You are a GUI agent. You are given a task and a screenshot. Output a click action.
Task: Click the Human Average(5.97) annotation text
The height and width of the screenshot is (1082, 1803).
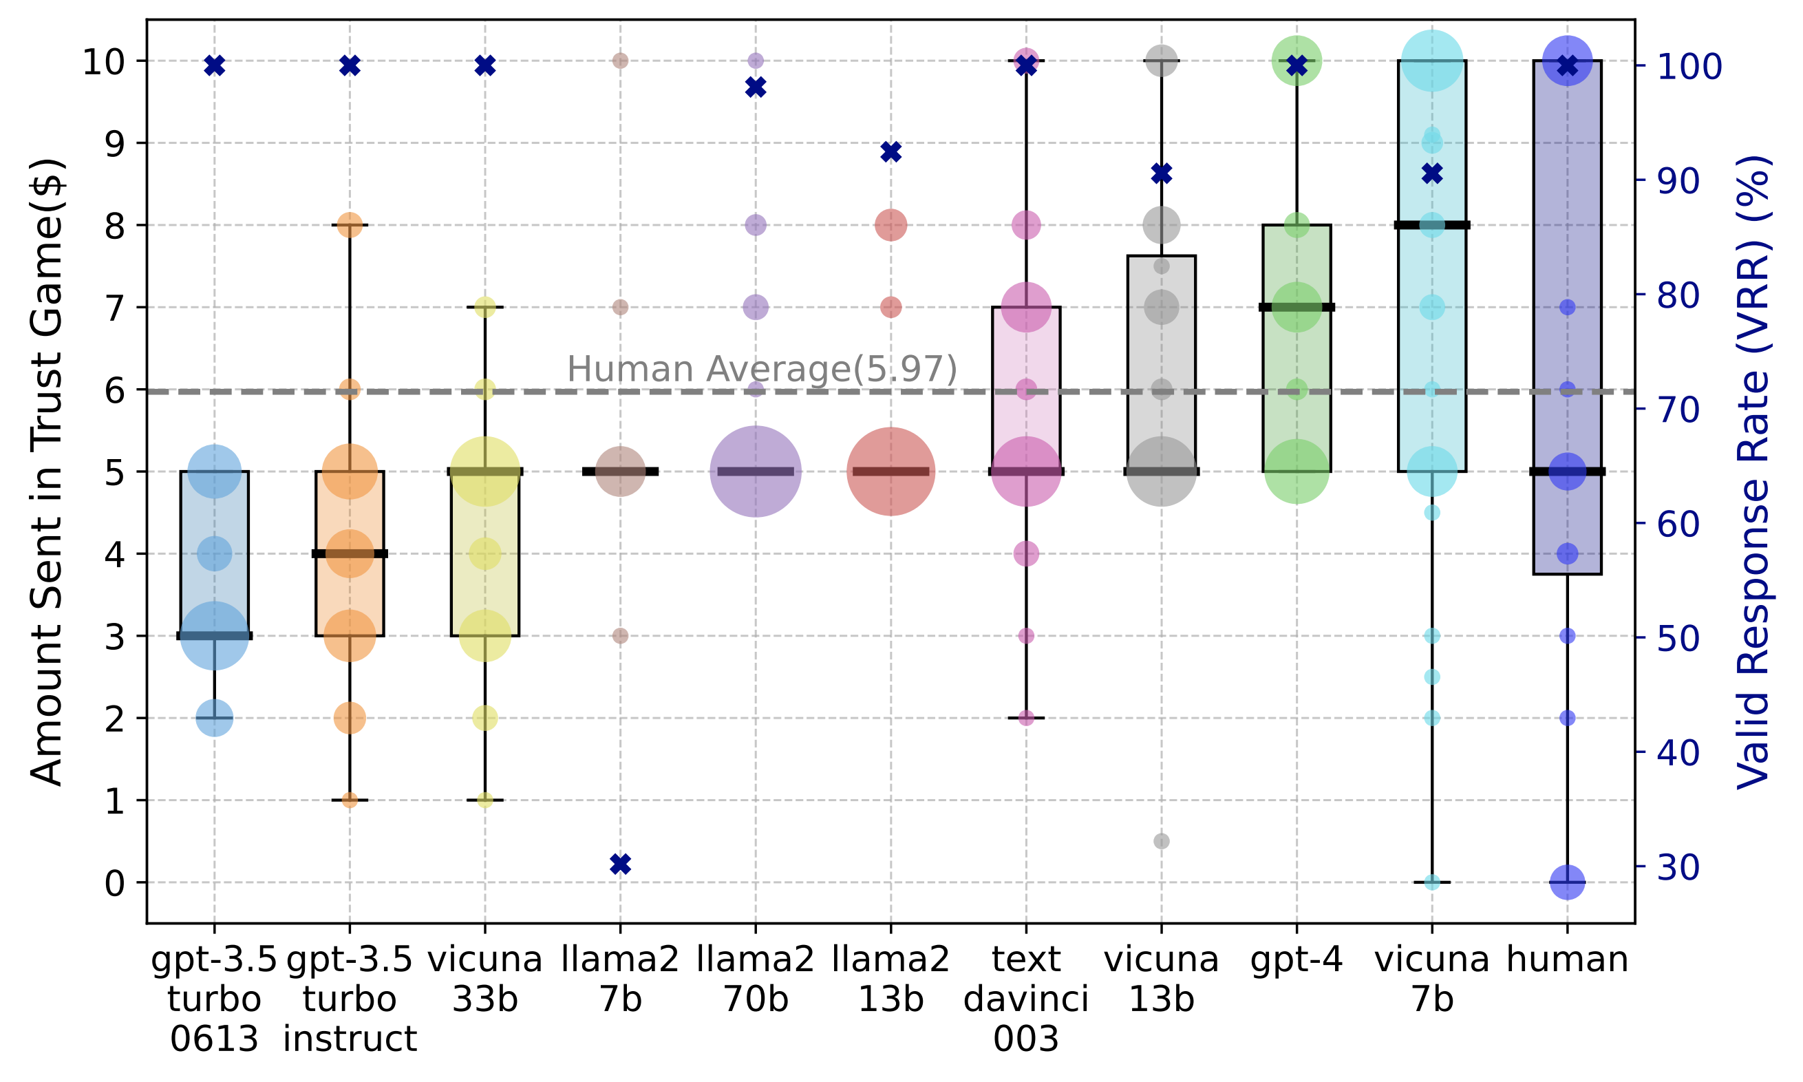tap(762, 369)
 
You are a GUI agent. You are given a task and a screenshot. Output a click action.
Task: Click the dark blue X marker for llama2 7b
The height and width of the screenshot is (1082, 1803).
tap(620, 864)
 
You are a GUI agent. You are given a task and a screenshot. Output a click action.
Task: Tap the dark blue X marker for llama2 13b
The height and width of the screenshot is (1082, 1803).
tap(890, 151)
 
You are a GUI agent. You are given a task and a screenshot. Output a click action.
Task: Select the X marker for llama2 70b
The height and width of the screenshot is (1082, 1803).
tap(756, 87)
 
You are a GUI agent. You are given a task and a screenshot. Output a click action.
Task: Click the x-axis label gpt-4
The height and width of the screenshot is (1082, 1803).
tap(1297, 959)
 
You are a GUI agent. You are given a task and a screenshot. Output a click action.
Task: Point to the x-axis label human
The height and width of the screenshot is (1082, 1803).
tap(1567, 959)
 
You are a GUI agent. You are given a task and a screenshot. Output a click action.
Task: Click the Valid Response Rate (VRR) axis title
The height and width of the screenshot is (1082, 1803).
tap(1753, 472)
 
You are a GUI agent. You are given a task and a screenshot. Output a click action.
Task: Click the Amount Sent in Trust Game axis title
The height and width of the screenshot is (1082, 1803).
tap(47, 472)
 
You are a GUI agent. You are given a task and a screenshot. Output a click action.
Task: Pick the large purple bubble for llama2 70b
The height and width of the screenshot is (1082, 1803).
tap(756, 471)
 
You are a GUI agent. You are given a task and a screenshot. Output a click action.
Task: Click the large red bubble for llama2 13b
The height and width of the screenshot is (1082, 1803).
tap(890, 471)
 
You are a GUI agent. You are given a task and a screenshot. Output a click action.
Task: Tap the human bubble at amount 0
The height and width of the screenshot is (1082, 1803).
tap(1568, 882)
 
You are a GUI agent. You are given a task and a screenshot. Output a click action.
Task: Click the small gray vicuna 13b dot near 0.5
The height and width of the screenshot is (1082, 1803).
tap(1162, 841)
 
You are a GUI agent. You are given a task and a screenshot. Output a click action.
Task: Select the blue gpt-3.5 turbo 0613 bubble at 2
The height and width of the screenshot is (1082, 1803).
tap(214, 718)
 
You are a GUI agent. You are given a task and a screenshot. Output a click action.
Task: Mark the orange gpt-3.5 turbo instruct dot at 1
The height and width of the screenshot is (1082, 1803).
tap(350, 800)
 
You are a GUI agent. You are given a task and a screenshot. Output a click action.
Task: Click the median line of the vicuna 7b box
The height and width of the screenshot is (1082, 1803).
tap(1432, 225)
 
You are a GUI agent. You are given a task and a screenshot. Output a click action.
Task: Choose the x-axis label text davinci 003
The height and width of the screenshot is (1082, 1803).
tap(1026, 999)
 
